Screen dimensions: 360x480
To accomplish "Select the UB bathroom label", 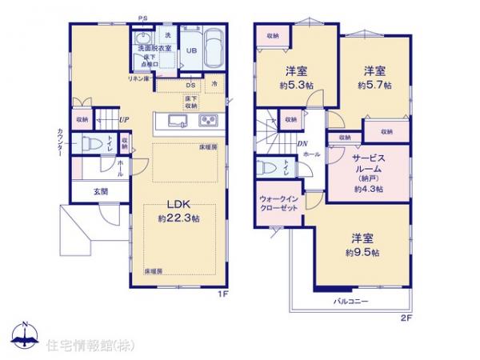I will click(x=192, y=50).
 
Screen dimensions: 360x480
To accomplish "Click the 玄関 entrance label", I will click(x=100, y=191).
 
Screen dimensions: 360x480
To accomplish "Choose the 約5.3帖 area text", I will click(x=296, y=84).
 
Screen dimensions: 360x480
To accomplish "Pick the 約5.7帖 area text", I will click(x=374, y=84).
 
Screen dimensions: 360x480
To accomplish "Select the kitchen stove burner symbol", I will click(x=208, y=122).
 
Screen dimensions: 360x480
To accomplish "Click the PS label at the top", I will click(x=142, y=18).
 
